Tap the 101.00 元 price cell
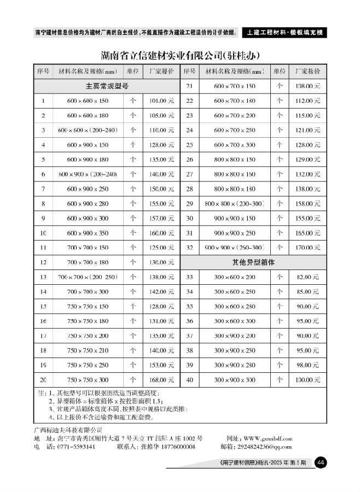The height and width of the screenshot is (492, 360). point(161,101)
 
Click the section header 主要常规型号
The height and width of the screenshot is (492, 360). point(107,86)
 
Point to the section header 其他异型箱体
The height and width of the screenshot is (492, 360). point(253,262)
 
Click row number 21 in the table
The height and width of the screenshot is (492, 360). point(190,86)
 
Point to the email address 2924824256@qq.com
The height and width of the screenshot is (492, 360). point(260,447)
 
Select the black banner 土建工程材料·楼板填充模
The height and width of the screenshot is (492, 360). point(283,32)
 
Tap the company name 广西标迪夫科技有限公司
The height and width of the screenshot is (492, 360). point(68,430)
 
